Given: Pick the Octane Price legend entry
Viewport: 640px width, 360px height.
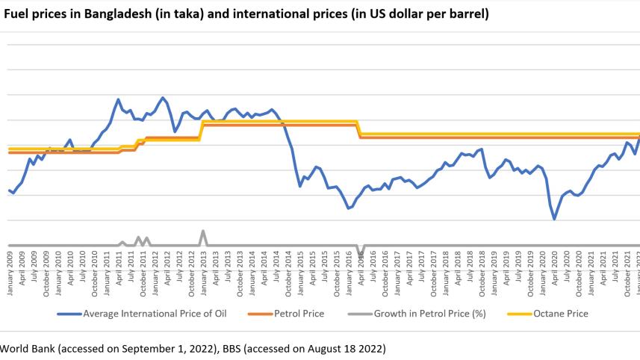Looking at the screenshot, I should pos(560,314).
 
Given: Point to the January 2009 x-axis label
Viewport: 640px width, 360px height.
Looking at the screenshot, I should pos(9,274).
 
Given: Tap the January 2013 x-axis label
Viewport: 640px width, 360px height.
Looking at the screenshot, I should pos(203,274).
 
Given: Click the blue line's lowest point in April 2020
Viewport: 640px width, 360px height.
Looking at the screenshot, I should pos(554,219).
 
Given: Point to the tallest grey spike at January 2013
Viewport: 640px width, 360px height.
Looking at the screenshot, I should pos(203,231).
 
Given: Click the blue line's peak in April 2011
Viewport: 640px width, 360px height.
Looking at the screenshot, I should pos(118,99).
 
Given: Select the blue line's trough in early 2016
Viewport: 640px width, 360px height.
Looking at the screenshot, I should pos(348,208).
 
